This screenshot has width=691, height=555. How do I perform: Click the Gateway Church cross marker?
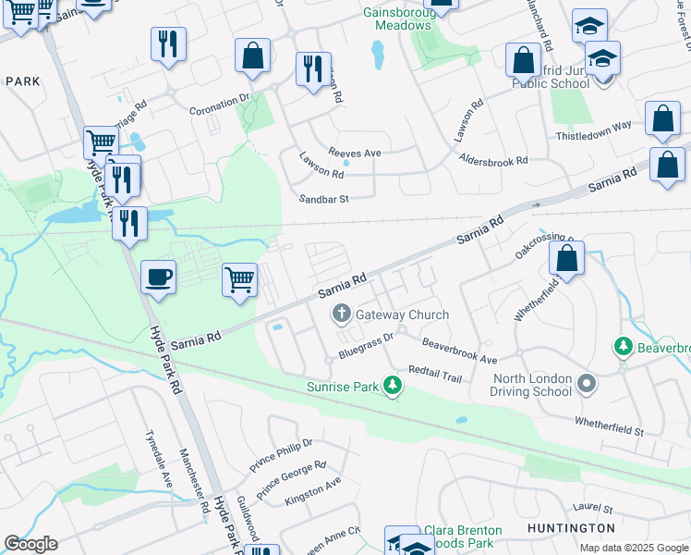pos(341,314)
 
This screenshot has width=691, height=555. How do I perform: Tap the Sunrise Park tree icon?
pos(394,385)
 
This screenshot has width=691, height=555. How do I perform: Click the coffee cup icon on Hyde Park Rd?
pos(159,277)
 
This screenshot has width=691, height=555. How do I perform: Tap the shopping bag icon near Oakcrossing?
pos(567,258)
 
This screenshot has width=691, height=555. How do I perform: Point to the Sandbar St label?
pos(323,199)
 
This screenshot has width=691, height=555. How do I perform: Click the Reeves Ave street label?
pos(354,152)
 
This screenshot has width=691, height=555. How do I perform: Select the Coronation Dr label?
pos(220,108)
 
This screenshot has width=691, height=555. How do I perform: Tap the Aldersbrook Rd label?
pos(493,160)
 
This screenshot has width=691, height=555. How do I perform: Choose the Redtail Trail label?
pos(434,371)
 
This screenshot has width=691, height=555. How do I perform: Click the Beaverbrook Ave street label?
pos(459,351)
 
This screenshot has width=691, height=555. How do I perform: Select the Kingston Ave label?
pos(313,491)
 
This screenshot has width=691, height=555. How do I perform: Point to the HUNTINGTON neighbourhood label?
pos(571,527)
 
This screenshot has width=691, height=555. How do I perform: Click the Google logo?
pos(30,544)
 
